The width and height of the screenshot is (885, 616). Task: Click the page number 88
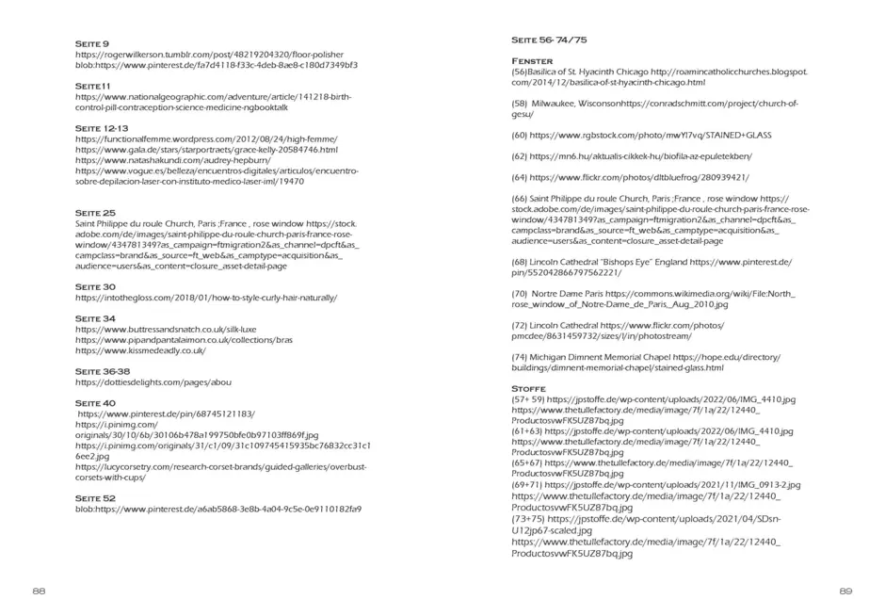39,591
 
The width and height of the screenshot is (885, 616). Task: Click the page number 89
845,591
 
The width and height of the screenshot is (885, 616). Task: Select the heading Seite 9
92,43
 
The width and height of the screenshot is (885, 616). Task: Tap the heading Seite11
93,86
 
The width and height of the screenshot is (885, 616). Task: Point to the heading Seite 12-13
102,128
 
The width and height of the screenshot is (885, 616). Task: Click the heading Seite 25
95,213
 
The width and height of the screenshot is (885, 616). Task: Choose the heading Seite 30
95,286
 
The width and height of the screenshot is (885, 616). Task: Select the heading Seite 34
95,318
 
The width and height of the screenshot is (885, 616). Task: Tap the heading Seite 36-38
103,371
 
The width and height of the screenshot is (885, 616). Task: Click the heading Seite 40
95,403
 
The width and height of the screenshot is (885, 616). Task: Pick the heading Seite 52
95,498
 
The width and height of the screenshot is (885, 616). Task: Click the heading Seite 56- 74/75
549,41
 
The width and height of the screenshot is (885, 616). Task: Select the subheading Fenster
532,60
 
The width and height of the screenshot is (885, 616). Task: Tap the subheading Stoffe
528,388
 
